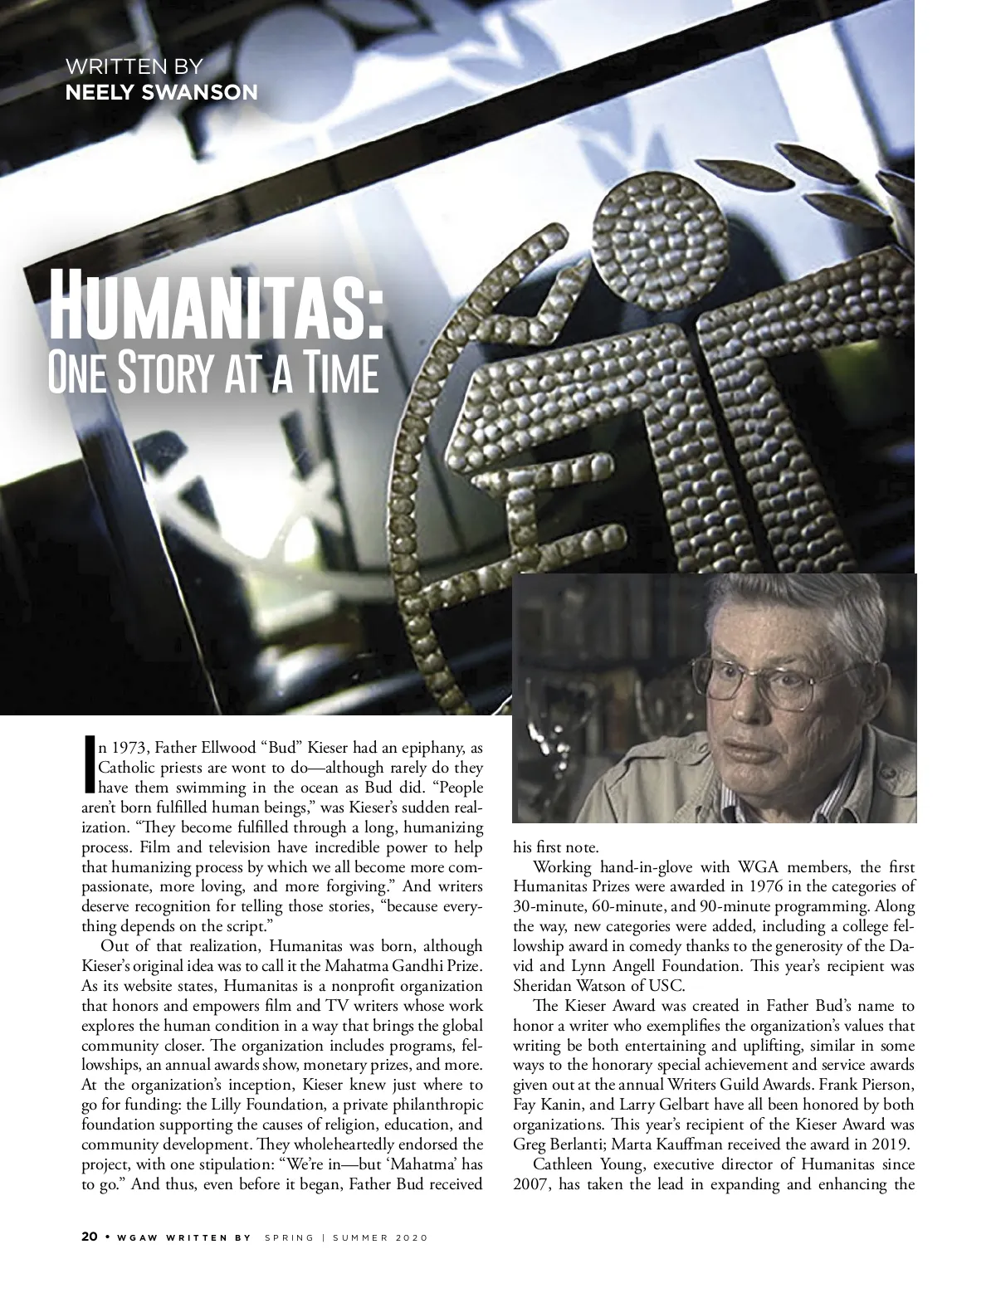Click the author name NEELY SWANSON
(161, 91)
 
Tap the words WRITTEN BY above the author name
(134, 66)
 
